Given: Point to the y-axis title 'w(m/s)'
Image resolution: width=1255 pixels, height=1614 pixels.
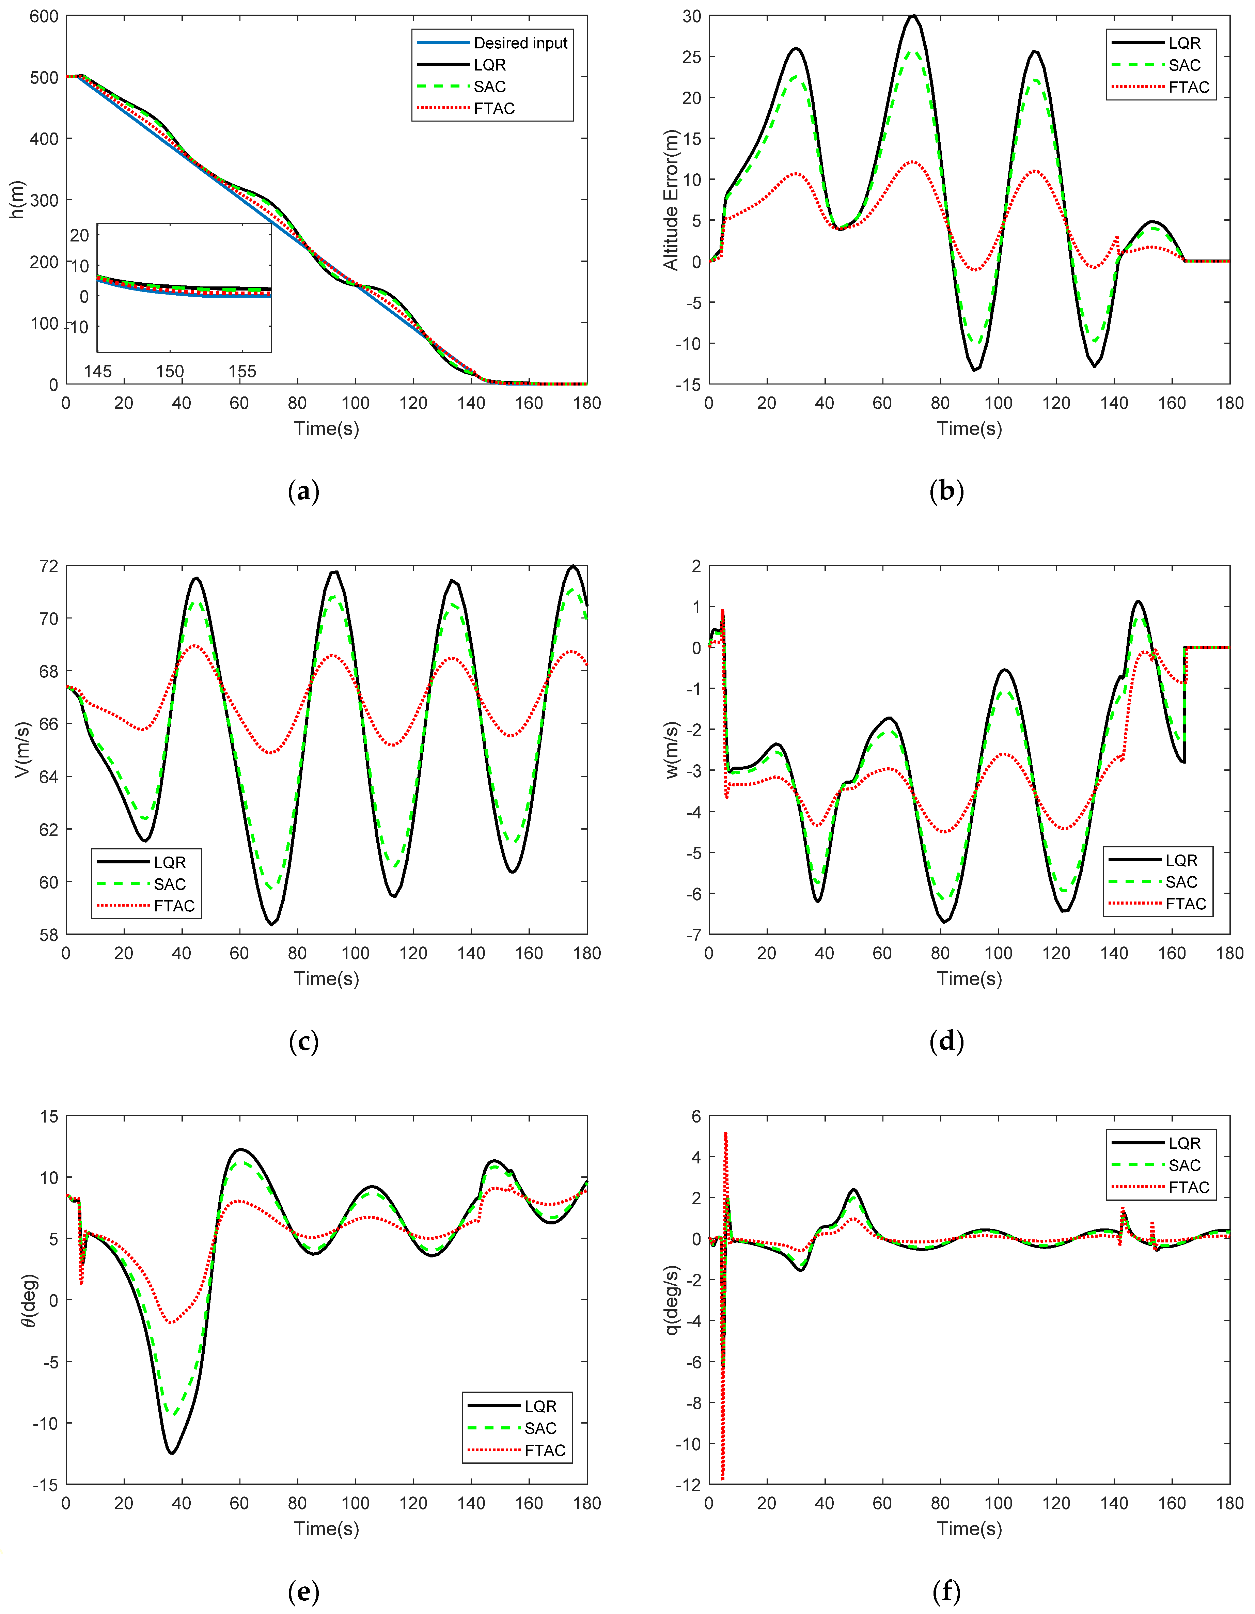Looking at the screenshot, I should click(671, 750).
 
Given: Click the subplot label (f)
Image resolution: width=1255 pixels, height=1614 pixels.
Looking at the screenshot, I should click(947, 1591).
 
